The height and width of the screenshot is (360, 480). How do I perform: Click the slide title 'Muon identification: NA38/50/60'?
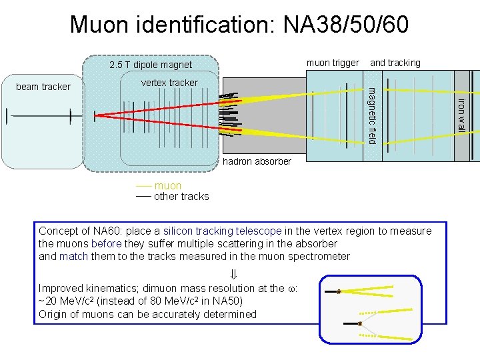(x=239, y=25)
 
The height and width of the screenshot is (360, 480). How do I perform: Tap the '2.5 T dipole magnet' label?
(x=150, y=65)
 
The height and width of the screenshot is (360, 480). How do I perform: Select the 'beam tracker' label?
(x=43, y=87)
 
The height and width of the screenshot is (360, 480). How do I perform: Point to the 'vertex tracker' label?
(x=169, y=83)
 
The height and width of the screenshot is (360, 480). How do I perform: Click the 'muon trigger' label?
(x=333, y=63)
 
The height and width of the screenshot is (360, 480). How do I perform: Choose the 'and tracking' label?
(x=395, y=63)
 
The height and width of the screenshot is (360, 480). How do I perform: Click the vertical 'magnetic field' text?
(x=373, y=115)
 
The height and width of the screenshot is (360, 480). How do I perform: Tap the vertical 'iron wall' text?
(x=461, y=115)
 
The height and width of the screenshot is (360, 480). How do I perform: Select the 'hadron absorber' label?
(x=257, y=161)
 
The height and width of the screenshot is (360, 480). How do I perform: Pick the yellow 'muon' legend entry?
(x=167, y=186)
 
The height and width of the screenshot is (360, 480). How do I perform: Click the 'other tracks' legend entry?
(x=181, y=197)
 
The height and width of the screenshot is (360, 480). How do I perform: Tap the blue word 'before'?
(x=105, y=244)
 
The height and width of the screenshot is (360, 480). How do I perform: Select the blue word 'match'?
(x=73, y=256)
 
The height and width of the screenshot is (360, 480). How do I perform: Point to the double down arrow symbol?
(x=233, y=274)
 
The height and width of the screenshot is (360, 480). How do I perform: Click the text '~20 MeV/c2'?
(x=65, y=301)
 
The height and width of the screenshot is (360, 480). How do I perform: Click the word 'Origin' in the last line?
(x=53, y=314)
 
